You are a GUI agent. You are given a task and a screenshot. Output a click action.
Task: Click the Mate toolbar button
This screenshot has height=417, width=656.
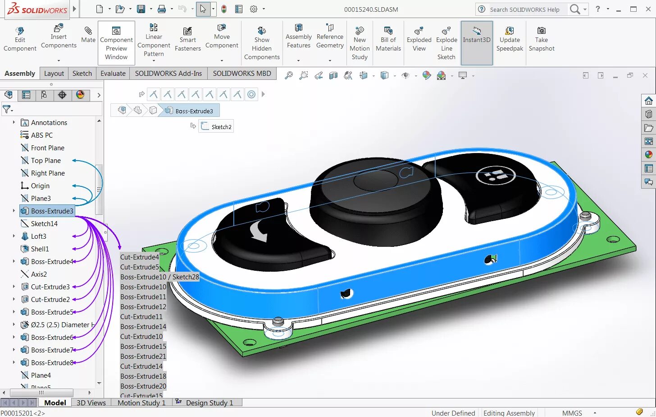(88, 35)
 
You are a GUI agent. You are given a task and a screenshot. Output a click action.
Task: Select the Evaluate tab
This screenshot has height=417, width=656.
(113, 74)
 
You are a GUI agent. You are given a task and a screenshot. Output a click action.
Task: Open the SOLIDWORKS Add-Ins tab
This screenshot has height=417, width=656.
(168, 74)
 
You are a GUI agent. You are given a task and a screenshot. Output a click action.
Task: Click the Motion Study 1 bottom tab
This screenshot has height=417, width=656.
(141, 403)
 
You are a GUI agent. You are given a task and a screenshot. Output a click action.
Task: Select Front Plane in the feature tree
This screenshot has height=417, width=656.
(47, 148)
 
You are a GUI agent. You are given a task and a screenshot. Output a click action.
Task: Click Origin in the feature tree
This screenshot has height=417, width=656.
(40, 186)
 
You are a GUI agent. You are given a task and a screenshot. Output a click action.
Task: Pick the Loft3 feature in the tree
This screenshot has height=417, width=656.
(38, 236)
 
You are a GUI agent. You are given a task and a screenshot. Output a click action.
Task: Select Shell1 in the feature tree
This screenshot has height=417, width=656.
(40, 249)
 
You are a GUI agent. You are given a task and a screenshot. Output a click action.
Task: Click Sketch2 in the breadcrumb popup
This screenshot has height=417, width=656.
(221, 127)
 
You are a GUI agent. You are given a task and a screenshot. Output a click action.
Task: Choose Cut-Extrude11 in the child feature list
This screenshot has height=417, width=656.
(141, 317)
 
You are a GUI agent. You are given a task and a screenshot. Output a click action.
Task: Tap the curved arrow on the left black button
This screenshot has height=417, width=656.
(259, 231)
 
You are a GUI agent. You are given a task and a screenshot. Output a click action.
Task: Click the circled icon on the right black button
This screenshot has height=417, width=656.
(496, 175)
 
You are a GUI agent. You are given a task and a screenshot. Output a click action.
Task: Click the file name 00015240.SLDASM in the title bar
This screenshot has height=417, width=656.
(371, 9)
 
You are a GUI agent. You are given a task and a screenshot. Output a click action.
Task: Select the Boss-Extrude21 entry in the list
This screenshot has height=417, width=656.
(143, 357)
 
